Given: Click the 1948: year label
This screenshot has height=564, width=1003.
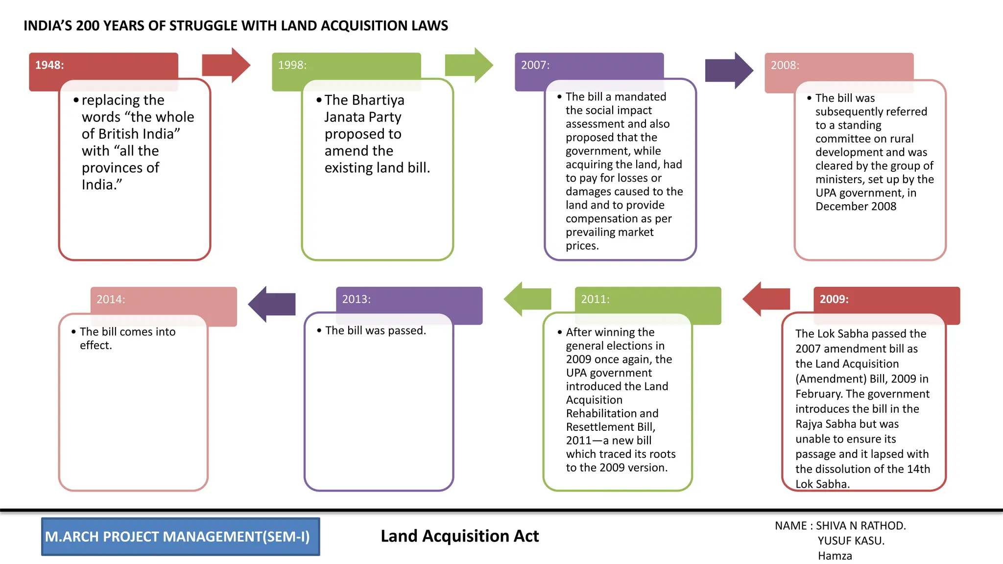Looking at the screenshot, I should click(x=49, y=65).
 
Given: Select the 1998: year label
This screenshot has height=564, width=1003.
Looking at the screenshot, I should click(x=292, y=65).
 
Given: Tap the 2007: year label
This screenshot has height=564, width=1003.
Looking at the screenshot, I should click(x=535, y=65).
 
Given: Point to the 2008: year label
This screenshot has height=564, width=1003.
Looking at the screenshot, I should click(x=785, y=65).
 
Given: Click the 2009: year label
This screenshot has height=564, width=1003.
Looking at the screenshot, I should click(x=834, y=299).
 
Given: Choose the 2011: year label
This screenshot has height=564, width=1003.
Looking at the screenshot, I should click(x=595, y=299).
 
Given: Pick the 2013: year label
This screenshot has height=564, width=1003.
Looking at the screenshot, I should click(x=356, y=299).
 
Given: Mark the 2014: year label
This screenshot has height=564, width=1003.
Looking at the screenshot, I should click(x=111, y=299).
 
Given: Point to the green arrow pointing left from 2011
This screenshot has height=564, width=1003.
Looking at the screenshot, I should click(x=527, y=299).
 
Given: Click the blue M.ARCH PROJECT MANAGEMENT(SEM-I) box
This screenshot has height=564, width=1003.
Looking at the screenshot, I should click(x=180, y=537).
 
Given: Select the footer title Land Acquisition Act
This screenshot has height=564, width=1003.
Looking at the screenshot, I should click(x=459, y=536).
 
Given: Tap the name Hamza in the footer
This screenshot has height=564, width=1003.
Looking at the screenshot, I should click(x=835, y=556).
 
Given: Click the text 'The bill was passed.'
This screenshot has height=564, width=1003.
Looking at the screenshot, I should click(x=376, y=330).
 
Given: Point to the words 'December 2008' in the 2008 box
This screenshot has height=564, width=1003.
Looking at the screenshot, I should click(x=856, y=207).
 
